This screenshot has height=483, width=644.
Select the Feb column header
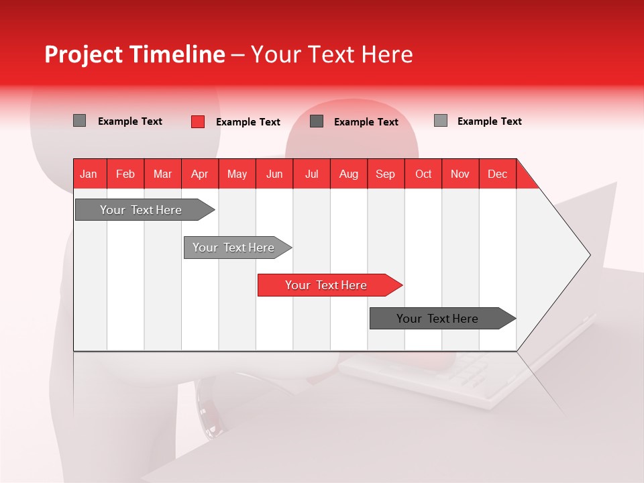[125, 174]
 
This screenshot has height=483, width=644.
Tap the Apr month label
[200, 174]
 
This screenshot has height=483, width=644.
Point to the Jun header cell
[274, 174]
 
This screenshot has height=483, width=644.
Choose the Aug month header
[349, 174]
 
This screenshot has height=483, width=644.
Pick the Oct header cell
[423, 174]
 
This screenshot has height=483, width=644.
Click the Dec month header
[497, 174]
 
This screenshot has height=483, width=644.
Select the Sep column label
[386, 174]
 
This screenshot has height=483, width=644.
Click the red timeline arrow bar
[330, 285]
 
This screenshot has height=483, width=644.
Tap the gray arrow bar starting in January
[145, 209]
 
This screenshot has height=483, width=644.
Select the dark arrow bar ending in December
[443, 318]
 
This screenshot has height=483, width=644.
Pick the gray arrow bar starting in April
[237, 248]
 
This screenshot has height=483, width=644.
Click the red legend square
[198, 121]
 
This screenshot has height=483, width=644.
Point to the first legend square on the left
[79, 121]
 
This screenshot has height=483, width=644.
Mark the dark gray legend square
[317, 121]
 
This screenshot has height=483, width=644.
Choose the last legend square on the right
[441, 121]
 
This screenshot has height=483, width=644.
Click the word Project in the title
[83, 54]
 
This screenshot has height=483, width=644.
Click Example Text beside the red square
[248, 122]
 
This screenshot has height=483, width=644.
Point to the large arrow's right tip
[590, 255]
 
